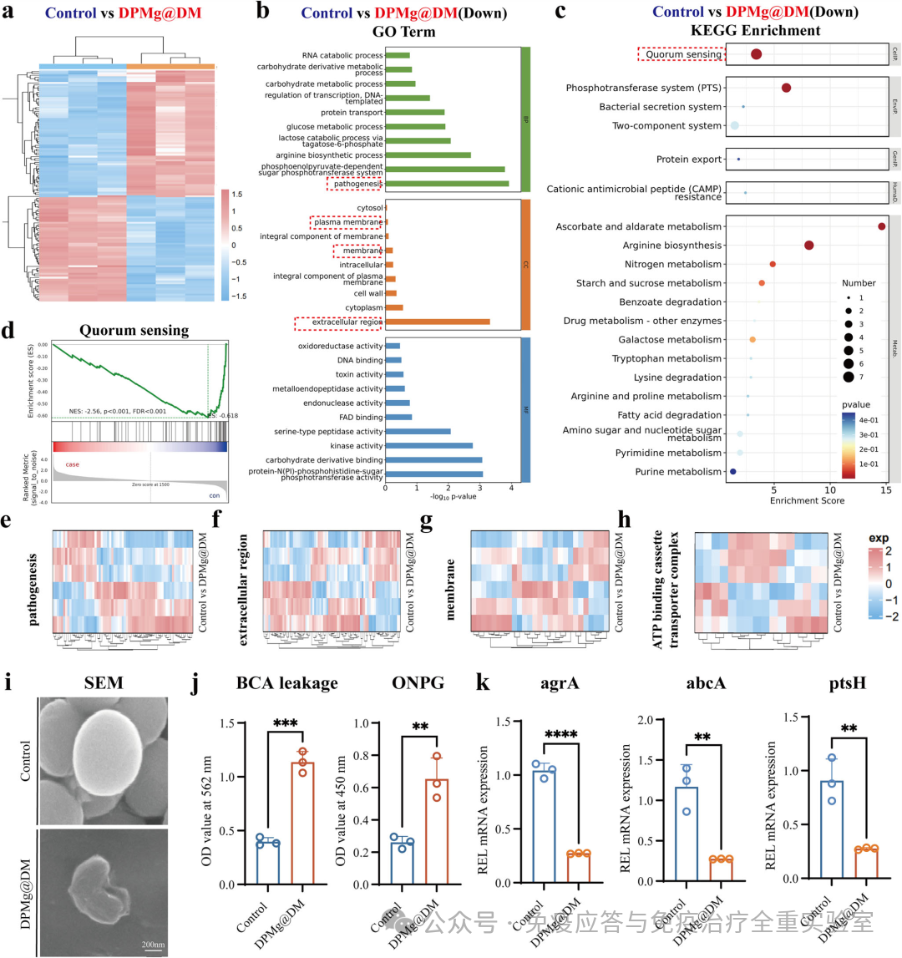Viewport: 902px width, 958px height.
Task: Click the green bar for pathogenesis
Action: (447, 184)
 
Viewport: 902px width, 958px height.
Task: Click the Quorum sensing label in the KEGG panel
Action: (682, 54)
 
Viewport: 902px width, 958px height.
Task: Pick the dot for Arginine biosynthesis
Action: (808, 245)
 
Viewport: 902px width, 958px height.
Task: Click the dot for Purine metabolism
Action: (733, 471)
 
